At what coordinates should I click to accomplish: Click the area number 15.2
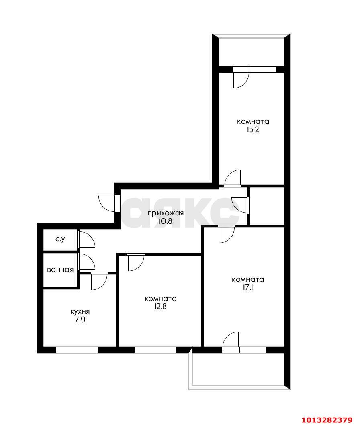pos(253,129)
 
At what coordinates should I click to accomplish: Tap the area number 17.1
pos(248,287)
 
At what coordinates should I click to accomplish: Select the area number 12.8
pos(161,307)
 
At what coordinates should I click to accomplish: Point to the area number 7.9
pos(80,320)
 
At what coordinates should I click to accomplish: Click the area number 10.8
pos(166,221)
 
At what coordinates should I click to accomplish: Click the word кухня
pos(80,312)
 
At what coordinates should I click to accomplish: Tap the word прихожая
pos(166,213)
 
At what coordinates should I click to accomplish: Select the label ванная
pos(60,270)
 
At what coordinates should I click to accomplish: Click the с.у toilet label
pos(60,240)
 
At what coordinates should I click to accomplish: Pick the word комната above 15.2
pos(253,121)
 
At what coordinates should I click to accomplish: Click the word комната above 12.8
pos(161,299)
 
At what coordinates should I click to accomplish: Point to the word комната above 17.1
pos(248,280)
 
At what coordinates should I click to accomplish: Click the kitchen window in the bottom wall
pos(77,350)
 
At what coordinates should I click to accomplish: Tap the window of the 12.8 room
pos(155,350)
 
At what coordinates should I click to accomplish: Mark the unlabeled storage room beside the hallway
pos(267,206)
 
